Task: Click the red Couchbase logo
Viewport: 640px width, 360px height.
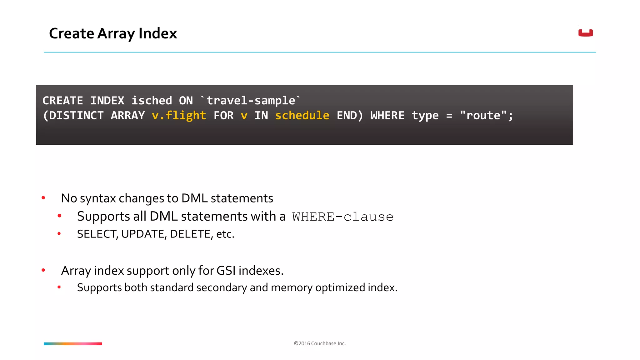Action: tap(585, 33)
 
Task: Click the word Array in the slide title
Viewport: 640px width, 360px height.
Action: tap(116, 33)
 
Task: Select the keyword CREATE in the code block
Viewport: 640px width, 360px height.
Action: tap(63, 101)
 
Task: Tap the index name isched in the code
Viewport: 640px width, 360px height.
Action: tap(152, 101)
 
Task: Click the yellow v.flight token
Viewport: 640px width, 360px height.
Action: tap(179, 116)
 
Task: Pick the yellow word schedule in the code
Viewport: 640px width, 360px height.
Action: tap(302, 116)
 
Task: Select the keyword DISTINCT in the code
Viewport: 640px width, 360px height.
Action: tap(76, 116)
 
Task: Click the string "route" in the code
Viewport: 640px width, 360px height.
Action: tap(483, 116)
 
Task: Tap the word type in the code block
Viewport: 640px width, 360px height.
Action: tap(425, 116)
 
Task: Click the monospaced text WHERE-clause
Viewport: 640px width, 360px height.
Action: tap(343, 217)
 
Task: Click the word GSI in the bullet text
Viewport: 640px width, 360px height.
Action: tap(226, 271)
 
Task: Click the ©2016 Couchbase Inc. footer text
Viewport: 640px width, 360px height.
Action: tap(320, 343)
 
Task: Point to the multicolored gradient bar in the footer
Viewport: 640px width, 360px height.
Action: tap(73, 344)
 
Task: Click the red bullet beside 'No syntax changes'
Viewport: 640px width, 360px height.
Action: tap(43, 198)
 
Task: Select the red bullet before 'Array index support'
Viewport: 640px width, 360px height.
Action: tap(43, 270)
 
